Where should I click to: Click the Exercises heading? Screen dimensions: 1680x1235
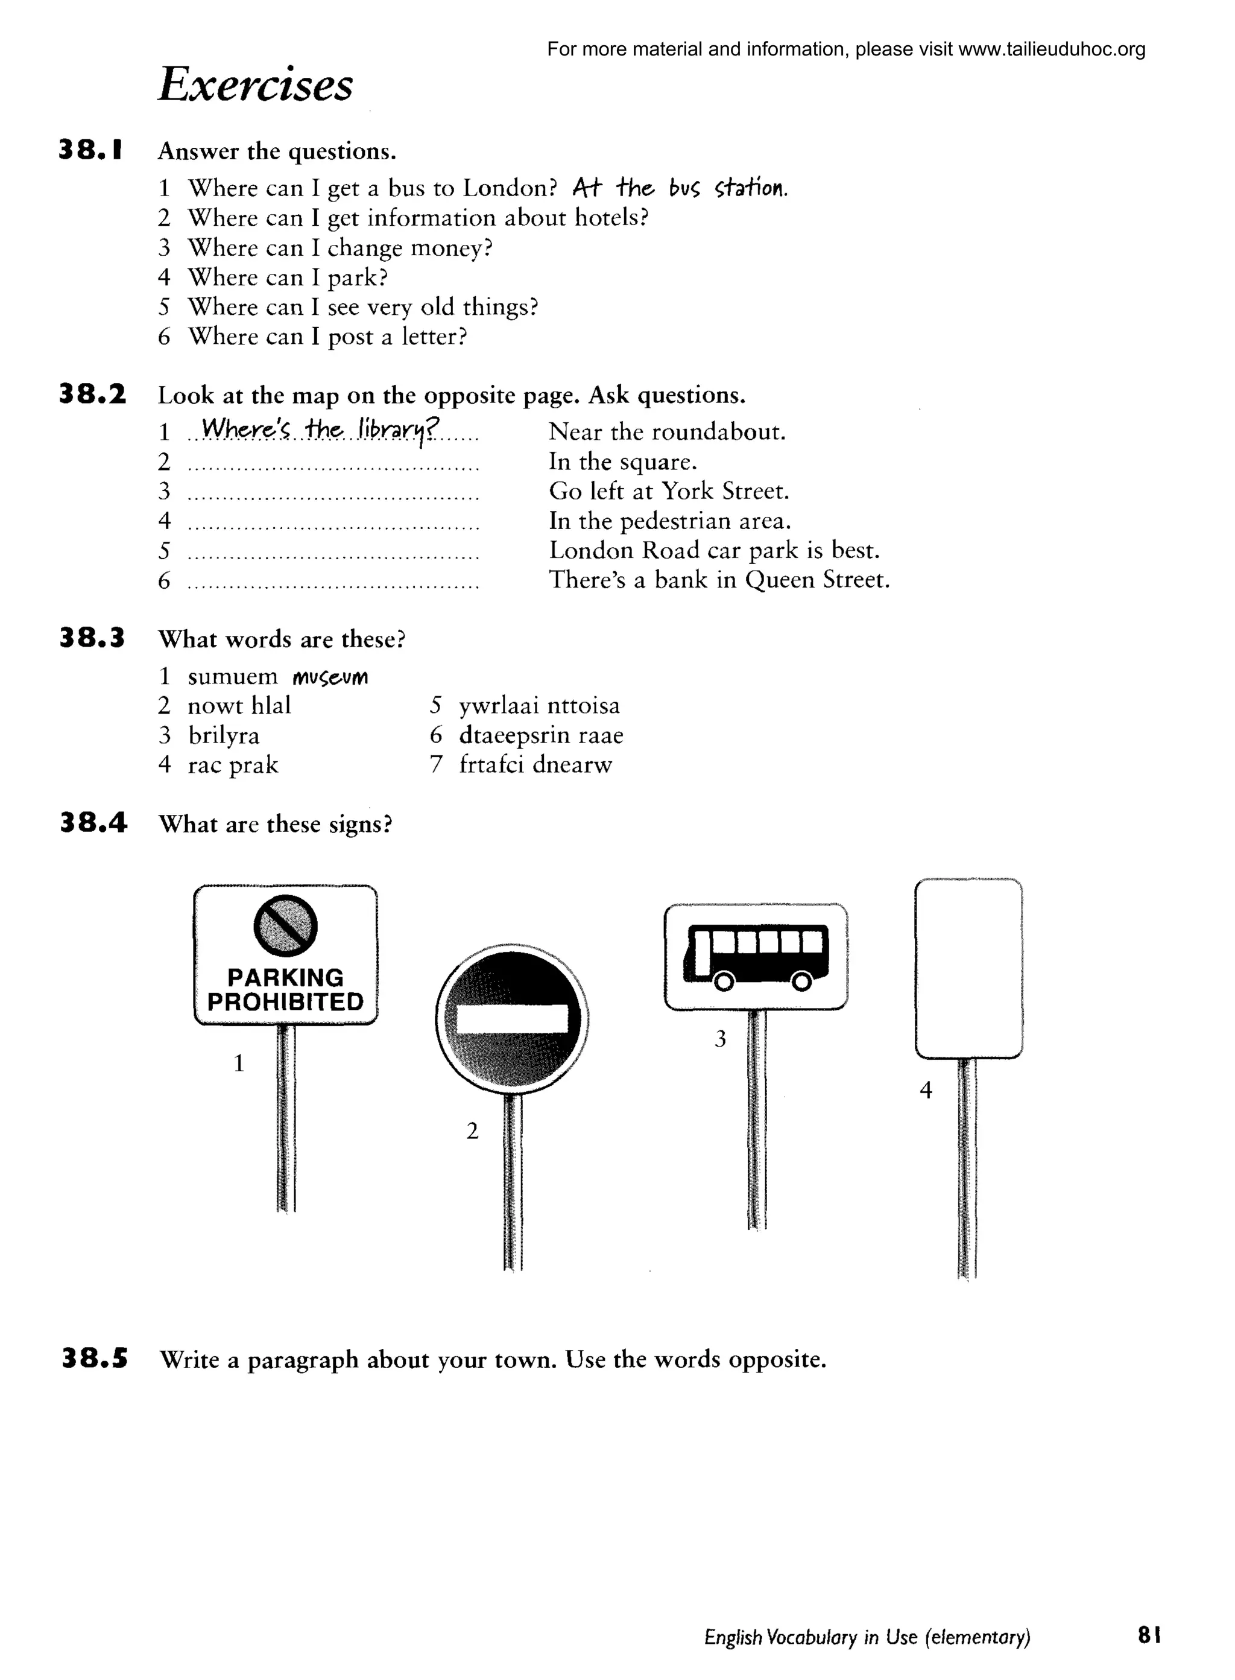coord(256,84)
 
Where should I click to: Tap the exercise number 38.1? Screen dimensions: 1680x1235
coord(90,150)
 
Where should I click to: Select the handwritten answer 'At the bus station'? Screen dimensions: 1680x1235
coord(680,188)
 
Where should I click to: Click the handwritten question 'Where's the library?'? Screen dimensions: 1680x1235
coord(320,430)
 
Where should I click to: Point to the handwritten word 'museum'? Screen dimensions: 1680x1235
coord(330,677)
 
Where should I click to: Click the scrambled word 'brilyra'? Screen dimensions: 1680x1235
coord(224,736)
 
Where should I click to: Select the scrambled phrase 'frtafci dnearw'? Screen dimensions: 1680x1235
coord(535,765)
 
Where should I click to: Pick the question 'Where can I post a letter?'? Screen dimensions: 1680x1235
coord(327,337)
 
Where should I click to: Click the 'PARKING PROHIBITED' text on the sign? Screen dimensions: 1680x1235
coord(286,989)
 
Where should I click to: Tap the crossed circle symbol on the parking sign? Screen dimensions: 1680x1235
coord(286,925)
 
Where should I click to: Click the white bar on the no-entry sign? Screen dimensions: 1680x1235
coord(512,1018)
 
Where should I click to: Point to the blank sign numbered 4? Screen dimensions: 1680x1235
coord(968,968)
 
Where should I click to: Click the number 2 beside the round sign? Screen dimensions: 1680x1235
coord(472,1131)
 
